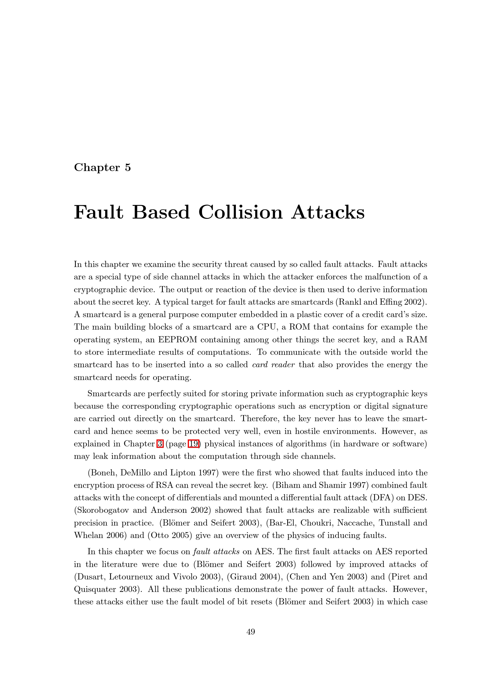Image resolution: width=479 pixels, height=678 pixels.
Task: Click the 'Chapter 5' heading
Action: [x=102, y=168]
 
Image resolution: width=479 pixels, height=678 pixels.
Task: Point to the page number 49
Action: [x=251, y=632]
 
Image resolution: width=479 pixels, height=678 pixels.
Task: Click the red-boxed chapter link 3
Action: [x=160, y=444]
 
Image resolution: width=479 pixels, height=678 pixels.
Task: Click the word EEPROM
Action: [x=178, y=340]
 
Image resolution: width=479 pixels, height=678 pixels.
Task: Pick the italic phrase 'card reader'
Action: [x=273, y=365]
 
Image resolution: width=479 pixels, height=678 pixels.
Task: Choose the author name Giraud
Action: [x=245, y=577]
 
